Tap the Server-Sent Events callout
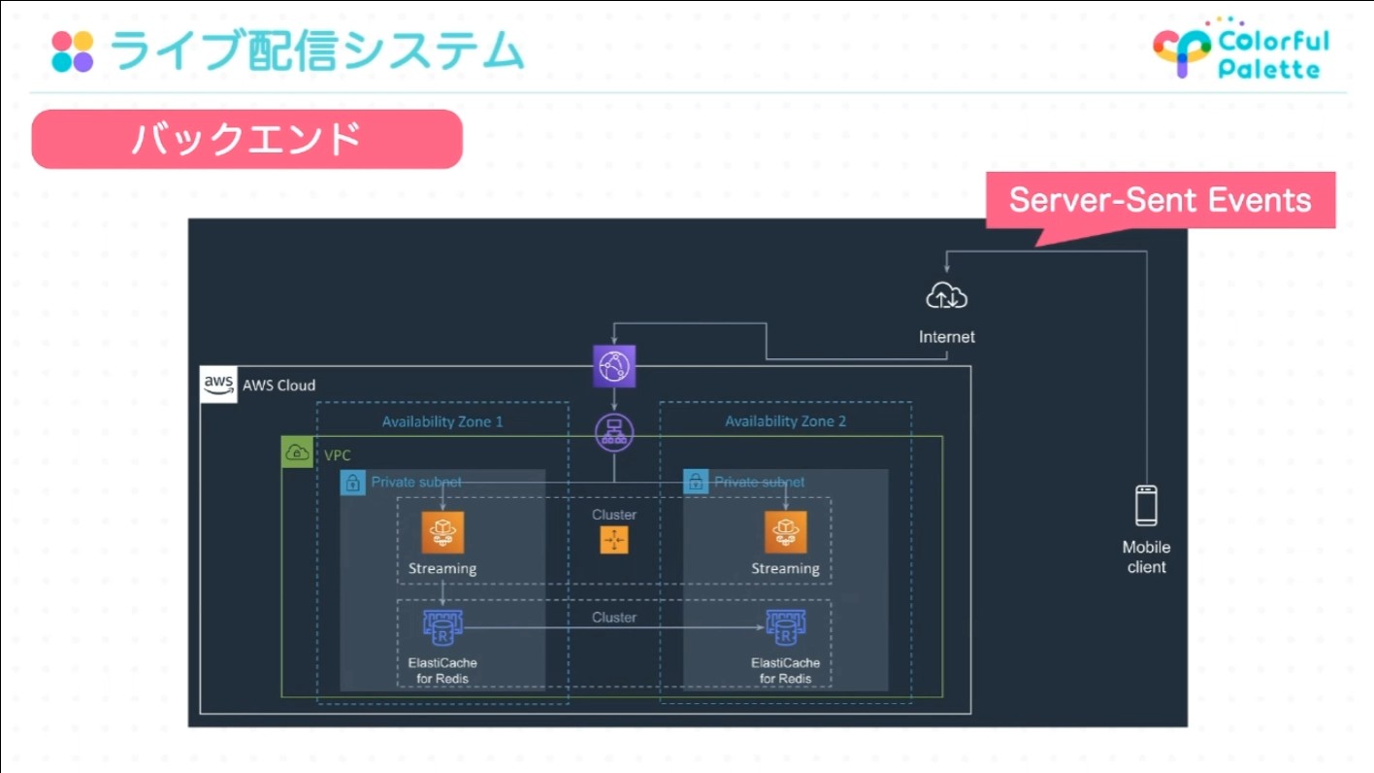pyautogui.click(x=1160, y=200)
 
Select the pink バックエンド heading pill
pyautogui.click(x=246, y=139)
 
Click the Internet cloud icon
pyautogui.click(x=946, y=296)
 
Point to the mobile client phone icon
pyautogui.click(x=1146, y=505)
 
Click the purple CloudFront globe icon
pyautogui.click(x=614, y=366)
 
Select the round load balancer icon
pyautogui.click(x=614, y=431)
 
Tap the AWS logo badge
pyautogui.click(x=218, y=385)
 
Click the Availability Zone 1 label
pyautogui.click(x=442, y=421)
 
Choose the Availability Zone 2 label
pyautogui.click(x=786, y=421)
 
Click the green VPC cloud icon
pyautogui.click(x=297, y=453)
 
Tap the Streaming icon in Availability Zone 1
pyautogui.click(x=442, y=532)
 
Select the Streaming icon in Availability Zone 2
pyautogui.click(x=786, y=532)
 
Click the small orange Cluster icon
pyautogui.click(x=614, y=540)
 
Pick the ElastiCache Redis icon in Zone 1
pyautogui.click(x=442, y=628)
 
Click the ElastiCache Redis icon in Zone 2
pyautogui.click(x=786, y=628)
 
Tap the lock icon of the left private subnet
pyautogui.click(x=353, y=482)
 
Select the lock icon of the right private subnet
pyautogui.click(x=696, y=482)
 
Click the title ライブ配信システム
pyautogui.click(x=316, y=51)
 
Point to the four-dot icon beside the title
pyautogui.click(x=73, y=51)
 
